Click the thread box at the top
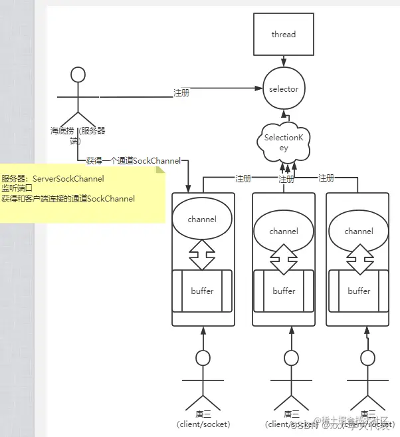tap(283, 35)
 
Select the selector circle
tap(284, 89)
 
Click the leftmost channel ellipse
tap(203, 219)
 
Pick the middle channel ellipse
tap(284, 231)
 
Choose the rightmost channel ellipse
tap(359, 231)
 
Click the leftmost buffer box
tap(202, 291)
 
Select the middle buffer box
tap(284, 291)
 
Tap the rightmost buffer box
tap(359, 291)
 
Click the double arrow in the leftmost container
tap(202, 253)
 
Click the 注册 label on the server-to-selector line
tap(181, 93)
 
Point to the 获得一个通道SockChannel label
tap(134, 161)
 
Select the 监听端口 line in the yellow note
tap(17, 189)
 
